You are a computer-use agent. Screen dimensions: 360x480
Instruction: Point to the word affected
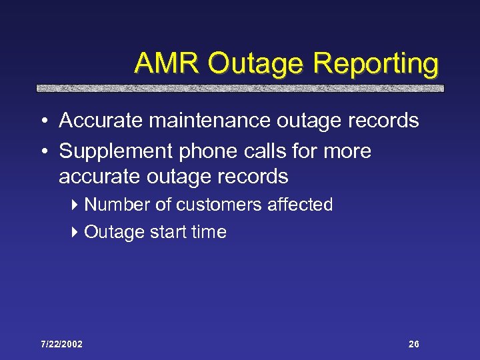300,205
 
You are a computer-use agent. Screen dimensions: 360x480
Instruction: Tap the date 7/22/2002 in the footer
61,344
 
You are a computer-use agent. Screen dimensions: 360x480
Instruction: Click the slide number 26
413,344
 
